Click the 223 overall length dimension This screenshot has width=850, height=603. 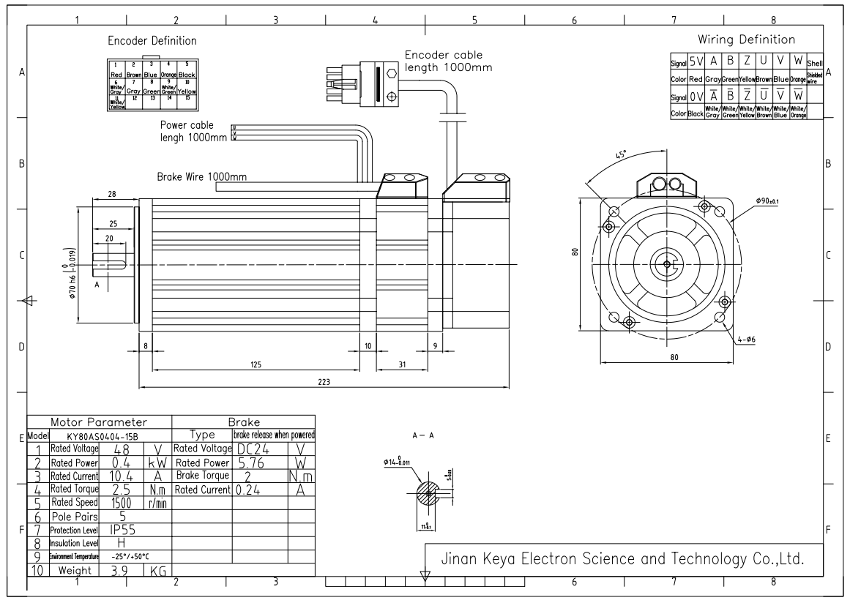pos(323,381)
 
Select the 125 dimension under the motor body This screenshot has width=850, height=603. pos(256,363)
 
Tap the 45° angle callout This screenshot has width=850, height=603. pos(621,155)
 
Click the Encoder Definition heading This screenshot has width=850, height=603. pos(152,41)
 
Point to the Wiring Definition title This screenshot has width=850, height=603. pos(746,40)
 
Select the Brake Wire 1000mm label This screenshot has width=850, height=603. pos(202,177)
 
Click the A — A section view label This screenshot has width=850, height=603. pos(423,435)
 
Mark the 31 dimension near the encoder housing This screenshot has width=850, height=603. pos(401,363)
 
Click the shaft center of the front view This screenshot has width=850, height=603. pos(666,264)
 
